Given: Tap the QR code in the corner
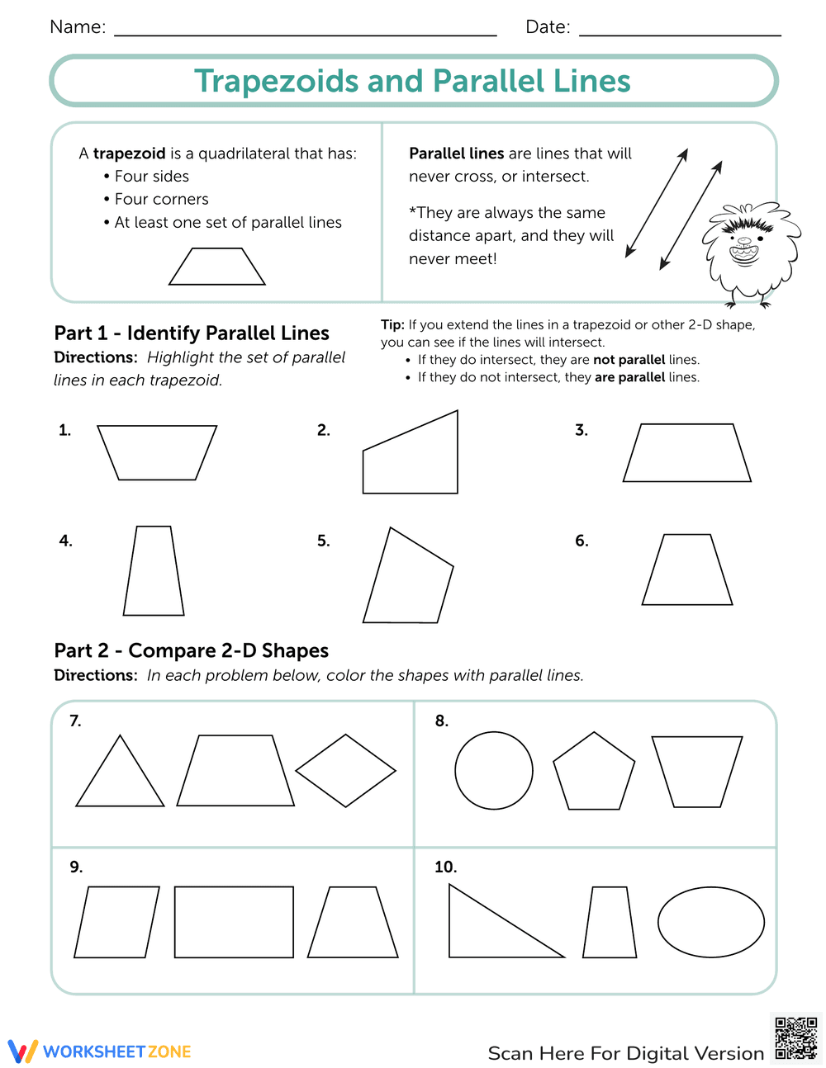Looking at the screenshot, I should [x=795, y=1037].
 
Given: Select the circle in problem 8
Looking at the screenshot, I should [x=494, y=770].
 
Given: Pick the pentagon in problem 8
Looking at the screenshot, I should [x=594, y=773].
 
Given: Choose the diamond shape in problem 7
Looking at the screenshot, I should [x=345, y=771].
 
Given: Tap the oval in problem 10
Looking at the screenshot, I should [x=710, y=922].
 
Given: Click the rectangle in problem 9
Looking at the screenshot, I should [x=234, y=922].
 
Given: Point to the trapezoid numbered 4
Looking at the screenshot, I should [x=154, y=571].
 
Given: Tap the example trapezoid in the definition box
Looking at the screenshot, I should [x=217, y=267].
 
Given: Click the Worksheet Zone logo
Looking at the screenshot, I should [x=100, y=1051].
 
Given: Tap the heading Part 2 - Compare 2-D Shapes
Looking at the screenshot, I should [x=192, y=650].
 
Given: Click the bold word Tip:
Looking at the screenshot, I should [x=392, y=325].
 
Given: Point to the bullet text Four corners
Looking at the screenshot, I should [x=161, y=199].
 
